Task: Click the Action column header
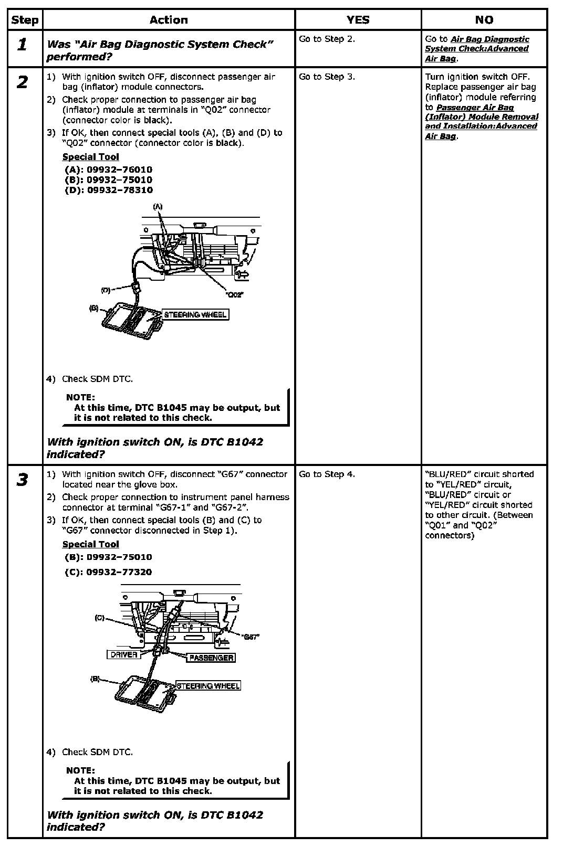click(x=169, y=20)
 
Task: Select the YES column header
click(x=358, y=20)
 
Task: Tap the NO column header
click(x=484, y=20)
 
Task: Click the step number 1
click(x=22, y=45)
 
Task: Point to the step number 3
click(x=22, y=480)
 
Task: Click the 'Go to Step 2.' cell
click(x=327, y=39)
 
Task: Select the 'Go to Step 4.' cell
click(x=327, y=474)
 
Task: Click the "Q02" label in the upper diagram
click(x=235, y=294)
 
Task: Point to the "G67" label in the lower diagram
click(x=252, y=637)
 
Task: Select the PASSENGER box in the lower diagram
click(x=211, y=658)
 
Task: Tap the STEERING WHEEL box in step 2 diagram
click(x=195, y=315)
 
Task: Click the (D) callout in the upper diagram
click(x=106, y=290)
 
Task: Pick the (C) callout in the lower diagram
click(x=99, y=618)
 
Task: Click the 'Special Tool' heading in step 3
click(x=91, y=544)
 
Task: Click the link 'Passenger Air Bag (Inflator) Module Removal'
click(x=482, y=112)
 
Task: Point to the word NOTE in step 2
click(x=80, y=397)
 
